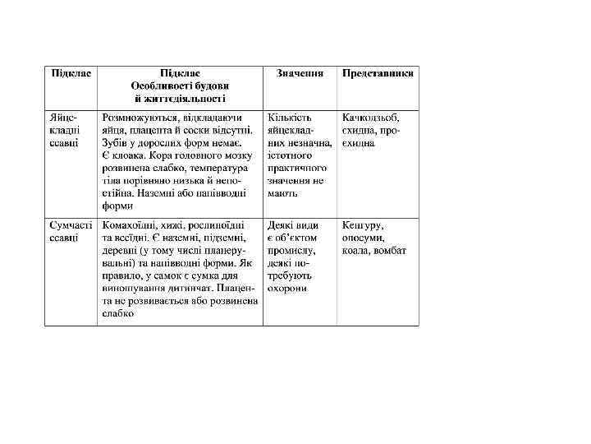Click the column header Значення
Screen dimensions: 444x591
click(x=299, y=73)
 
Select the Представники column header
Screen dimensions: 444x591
click(x=378, y=73)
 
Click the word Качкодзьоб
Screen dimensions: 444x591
click(x=371, y=118)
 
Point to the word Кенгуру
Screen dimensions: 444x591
click(x=364, y=224)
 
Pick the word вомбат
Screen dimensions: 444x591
click(x=390, y=250)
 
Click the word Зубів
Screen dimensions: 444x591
click(x=115, y=143)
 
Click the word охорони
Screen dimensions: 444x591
click(x=286, y=289)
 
